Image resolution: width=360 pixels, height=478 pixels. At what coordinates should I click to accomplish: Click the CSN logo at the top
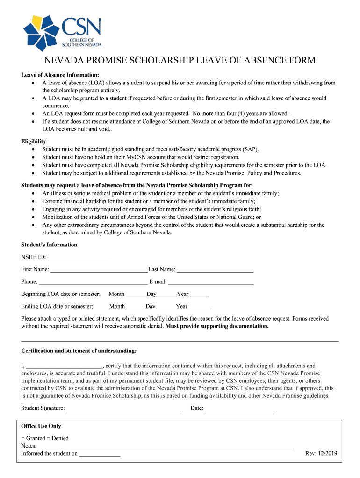coord(63,32)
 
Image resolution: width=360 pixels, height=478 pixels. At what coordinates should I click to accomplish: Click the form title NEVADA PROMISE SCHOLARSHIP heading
coord(180,61)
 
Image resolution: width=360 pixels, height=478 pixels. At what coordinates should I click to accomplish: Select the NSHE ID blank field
coord(79,257)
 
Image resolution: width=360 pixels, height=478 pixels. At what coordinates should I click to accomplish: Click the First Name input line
coord(99,270)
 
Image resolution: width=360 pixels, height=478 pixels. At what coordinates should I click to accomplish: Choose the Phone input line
coord(93,282)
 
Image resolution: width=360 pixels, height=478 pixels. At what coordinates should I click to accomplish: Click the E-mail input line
coord(211,282)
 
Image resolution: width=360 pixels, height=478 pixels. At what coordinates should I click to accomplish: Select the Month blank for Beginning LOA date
coord(136,295)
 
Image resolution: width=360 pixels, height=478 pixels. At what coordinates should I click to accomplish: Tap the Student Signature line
coord(123,408)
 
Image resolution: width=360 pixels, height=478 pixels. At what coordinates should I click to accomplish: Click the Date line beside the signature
coord(240,408)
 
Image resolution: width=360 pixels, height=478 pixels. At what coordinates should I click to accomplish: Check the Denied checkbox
coord(49,439)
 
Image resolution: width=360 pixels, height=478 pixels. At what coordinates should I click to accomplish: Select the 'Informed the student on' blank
coord(100,454)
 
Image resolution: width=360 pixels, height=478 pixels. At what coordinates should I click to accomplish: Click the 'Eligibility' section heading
coord(34,141)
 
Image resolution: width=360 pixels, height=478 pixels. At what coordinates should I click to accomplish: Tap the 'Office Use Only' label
coord(41,426)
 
